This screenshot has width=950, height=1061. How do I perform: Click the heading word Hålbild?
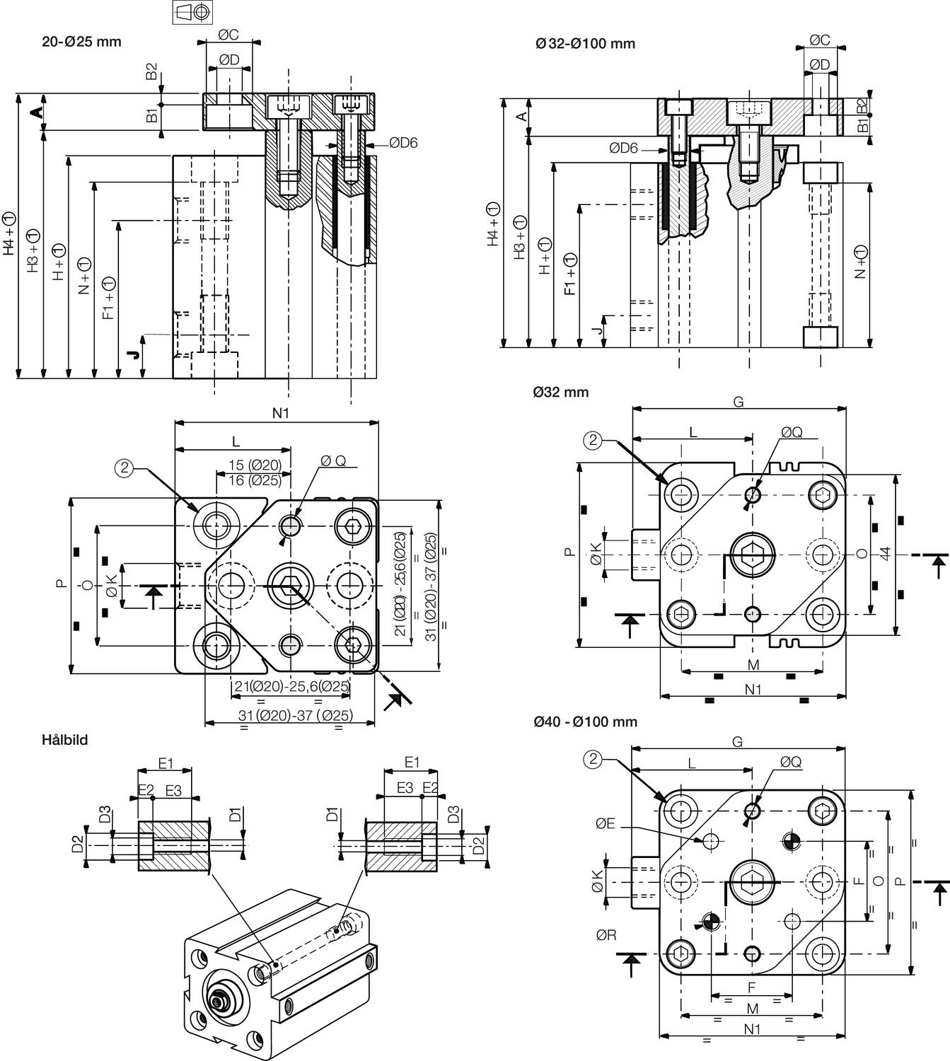coord(65,741)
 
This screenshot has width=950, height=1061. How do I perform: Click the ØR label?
coord(606,935)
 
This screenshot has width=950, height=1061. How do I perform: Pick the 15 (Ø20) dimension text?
coord(255,465)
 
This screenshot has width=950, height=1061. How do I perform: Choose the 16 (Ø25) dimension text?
coord(255,480)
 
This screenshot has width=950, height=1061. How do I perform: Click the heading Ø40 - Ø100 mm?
coord(586,722)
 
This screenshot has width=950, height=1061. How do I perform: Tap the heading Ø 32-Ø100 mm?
coord(585,43)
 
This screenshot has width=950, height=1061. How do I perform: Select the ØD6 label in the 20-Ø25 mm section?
coord(402,143)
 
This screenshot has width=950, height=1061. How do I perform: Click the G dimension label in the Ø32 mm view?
coord(738,402)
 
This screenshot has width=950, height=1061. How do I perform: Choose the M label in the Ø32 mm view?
coord(753,665)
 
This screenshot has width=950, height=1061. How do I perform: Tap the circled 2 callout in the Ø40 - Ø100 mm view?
coord(592,760)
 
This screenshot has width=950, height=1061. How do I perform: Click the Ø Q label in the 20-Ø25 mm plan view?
coord(333,460)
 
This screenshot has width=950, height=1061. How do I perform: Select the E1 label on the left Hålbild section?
coord(166,763)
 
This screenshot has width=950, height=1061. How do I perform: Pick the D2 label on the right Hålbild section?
coord(478,844)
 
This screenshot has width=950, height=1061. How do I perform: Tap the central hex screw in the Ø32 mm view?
coord(753,554)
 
